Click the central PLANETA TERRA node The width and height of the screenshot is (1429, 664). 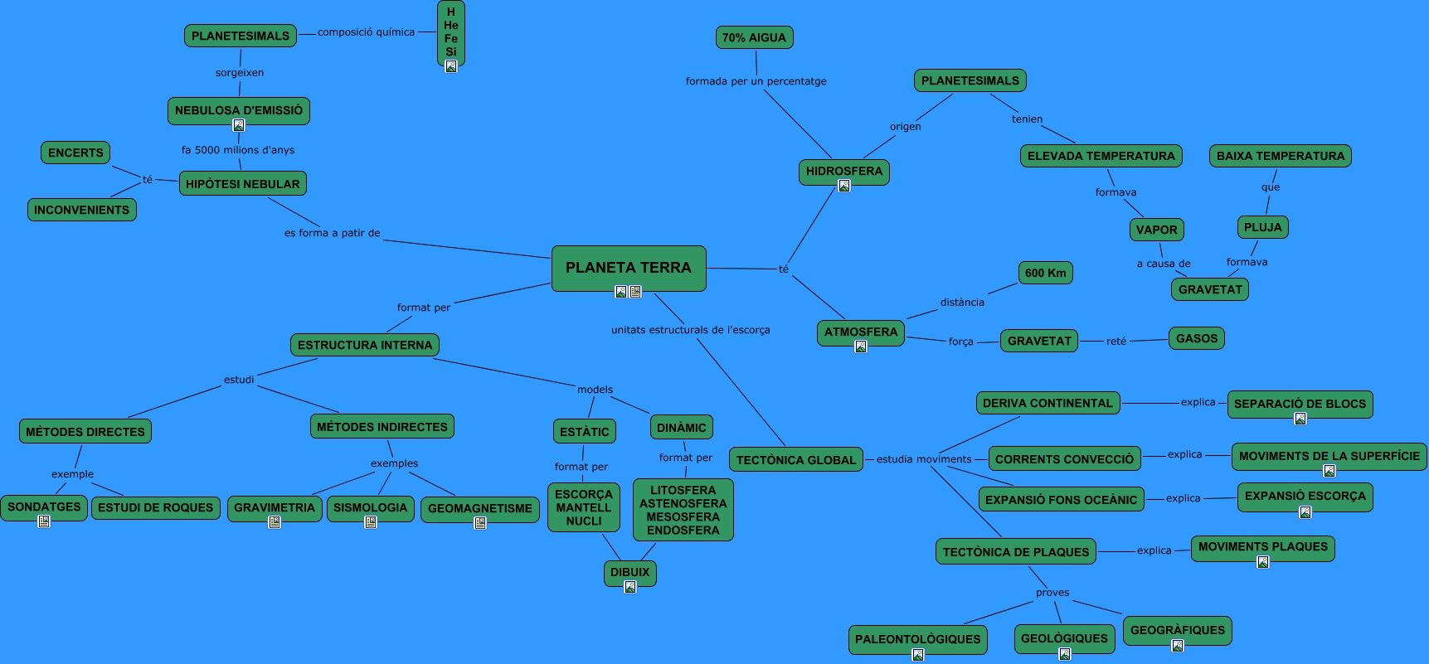pos(628,267)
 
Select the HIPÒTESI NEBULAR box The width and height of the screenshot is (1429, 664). pos(242,184)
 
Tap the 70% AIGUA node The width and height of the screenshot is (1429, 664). pos(754,37)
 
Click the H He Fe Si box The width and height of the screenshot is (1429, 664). pos(450,32)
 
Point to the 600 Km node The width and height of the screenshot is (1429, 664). pos(1045,273)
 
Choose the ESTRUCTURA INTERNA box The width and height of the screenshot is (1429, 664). pos(365,345)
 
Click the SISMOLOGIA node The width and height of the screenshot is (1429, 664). pos(370,507)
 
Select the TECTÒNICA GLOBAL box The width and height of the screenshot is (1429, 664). pos(795,460)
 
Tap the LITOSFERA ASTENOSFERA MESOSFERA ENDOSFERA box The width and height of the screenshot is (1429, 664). pos(683,510)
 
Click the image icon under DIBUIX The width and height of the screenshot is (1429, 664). pos(630,587)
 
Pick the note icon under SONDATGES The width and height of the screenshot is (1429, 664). pos(44,521)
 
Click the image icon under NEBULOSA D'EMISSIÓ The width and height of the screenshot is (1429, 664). pos(239,125)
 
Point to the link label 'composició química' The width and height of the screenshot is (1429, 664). pos(366,32)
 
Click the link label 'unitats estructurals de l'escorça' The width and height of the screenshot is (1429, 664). pos(690,330)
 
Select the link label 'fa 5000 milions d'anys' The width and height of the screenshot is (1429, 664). pos(238,150)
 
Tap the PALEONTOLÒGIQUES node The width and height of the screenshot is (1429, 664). pos(917,639)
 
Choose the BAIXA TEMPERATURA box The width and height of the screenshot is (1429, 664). pos(1280,156)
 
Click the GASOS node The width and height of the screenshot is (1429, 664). pos(1197,338)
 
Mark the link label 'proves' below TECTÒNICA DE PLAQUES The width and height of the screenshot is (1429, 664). pos(1052,593)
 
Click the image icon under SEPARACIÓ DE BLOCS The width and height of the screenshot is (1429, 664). pos(1300,419)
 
